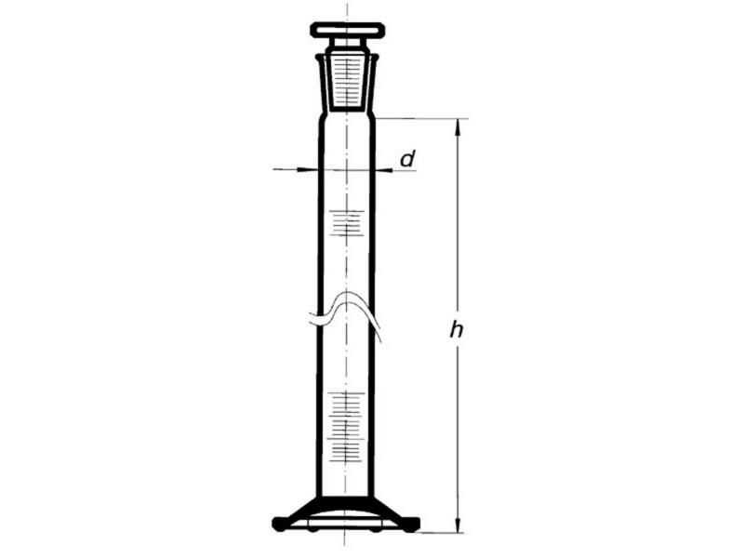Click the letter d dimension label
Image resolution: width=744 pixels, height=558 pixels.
[x=407, y=159]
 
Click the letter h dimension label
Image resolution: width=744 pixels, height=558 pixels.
[x=457, y=329]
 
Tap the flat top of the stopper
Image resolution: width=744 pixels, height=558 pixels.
[x=347, y=30]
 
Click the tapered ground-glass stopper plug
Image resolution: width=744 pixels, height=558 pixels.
[x=347, y=84]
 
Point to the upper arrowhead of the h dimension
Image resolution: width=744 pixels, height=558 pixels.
[x=458, y=126]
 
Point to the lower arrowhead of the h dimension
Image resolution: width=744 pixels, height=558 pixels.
[x=458, y=524]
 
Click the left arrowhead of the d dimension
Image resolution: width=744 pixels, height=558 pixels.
[x=309, y=169]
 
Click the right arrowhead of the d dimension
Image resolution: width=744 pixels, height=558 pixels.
[x=383, y=169]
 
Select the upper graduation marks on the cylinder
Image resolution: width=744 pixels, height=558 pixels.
[x=347, y=222]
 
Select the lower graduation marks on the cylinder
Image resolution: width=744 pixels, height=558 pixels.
[x=347, y=426]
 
